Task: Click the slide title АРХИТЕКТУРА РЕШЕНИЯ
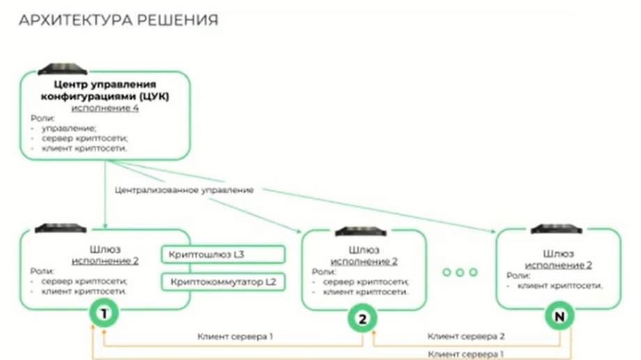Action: pos(118,20)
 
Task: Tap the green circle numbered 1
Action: pos(104,315)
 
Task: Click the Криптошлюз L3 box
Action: pos(224,255)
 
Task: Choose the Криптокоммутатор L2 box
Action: pos(224,282)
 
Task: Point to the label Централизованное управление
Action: pos(184,189)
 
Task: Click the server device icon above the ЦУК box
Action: pos(63,69)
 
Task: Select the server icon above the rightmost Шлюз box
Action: pos(557,228)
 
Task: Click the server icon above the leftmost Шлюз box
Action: pos(61,228)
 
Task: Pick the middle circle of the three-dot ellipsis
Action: pos(460,272)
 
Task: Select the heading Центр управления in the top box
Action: pos(103,84)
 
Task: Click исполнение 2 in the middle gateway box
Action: pos(363,261)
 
